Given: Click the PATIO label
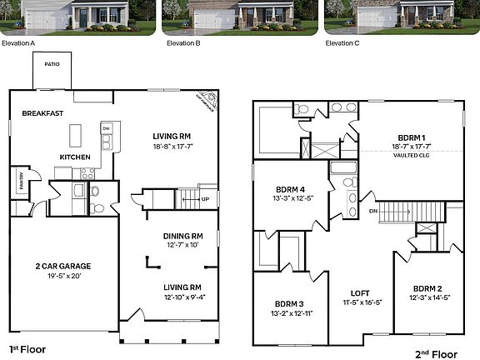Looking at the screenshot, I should click(52, 63).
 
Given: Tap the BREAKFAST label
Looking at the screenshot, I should click(43, 112).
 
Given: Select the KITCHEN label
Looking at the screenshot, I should click(75, 157).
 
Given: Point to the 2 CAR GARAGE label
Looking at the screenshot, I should click(62, 266).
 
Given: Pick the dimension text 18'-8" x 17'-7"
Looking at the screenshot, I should click(172, 146).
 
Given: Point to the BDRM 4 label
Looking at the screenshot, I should click(288, 188).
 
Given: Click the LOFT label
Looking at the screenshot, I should click(360, 293).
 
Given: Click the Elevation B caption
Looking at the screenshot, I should click(183, 42).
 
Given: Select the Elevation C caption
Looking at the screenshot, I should click(342, 42).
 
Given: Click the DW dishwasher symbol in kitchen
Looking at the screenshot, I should click(106, 128).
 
